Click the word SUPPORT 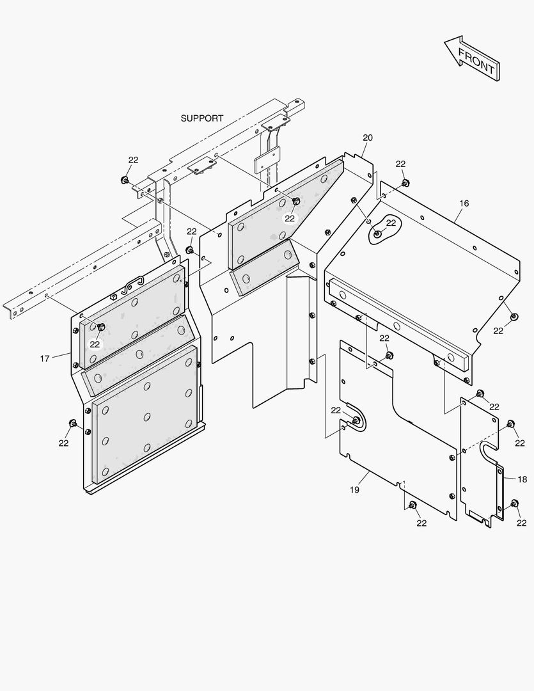(202, 118)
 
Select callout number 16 (464, 203)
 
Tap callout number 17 (45, 358)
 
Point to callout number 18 (522, 479)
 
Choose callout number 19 (354, 490)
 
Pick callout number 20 (367, 138)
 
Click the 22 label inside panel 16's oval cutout (391, 223)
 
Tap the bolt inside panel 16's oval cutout (378, 234)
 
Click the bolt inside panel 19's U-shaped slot (356, 421)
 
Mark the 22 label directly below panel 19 (421, 523)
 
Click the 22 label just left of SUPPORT (133, 160)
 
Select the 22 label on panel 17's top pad (95, 344)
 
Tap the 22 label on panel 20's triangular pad (290, 218)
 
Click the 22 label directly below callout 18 (521, 523)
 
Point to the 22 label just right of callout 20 (400, 164)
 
